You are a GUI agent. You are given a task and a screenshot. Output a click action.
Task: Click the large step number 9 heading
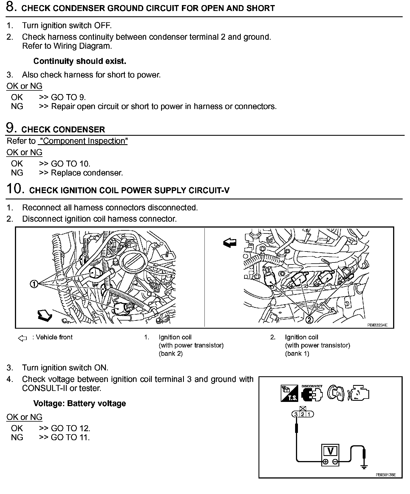coord(10,128)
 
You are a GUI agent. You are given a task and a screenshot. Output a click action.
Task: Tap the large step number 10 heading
coord(14,189)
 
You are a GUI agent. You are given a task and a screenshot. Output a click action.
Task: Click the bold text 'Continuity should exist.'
coord(80,61)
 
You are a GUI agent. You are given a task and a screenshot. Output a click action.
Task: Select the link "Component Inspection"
coord(83,141)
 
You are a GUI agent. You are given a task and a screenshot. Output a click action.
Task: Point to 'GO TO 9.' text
coord(68,97)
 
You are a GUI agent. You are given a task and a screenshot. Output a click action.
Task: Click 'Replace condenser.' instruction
coord(87,173)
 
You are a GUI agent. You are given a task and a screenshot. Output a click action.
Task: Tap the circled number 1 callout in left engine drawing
coord(34,284)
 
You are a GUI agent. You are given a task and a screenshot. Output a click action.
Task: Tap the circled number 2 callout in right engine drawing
coord(309,320)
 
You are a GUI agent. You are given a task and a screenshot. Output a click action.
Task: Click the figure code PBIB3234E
coord(377,325)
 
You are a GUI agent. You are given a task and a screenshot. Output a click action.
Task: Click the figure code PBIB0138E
coord(386,475)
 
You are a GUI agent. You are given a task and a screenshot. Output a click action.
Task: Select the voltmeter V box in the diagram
coord(330,452)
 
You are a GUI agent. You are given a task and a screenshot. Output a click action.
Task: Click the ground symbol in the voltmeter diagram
coord(364,468)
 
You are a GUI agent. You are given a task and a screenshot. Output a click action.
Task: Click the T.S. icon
coord(289,393)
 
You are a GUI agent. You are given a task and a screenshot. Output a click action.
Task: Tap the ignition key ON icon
coord(336,393)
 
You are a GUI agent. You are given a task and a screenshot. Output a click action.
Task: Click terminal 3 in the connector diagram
coord(296,414)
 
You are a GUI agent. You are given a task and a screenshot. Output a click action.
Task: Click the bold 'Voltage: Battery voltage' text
coord(80,403)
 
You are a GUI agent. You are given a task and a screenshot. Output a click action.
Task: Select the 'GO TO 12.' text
coord(70,428)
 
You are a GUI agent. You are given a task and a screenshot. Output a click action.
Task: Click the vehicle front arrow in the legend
coord(22,338)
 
